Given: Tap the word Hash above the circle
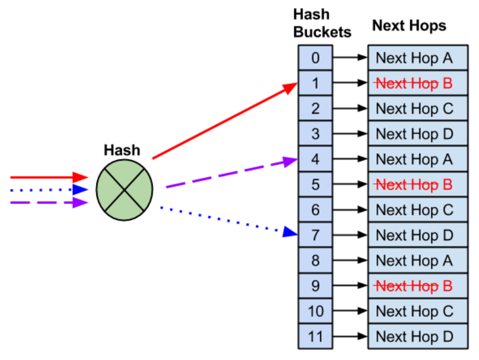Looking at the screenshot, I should [x=121, y=150].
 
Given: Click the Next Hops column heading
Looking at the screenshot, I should [x=409, y=26].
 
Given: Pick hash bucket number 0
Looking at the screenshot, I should [x=315, y=57].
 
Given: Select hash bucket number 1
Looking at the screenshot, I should [x=315, y=83].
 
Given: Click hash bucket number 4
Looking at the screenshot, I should [x=315, y=159].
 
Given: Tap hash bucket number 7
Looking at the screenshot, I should [x=315, y=235].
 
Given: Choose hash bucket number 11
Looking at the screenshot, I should [x=315, y=336].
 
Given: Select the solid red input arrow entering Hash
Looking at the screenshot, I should [x=48, y=178].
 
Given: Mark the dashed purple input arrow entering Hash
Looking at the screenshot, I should [x=48, y=202].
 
